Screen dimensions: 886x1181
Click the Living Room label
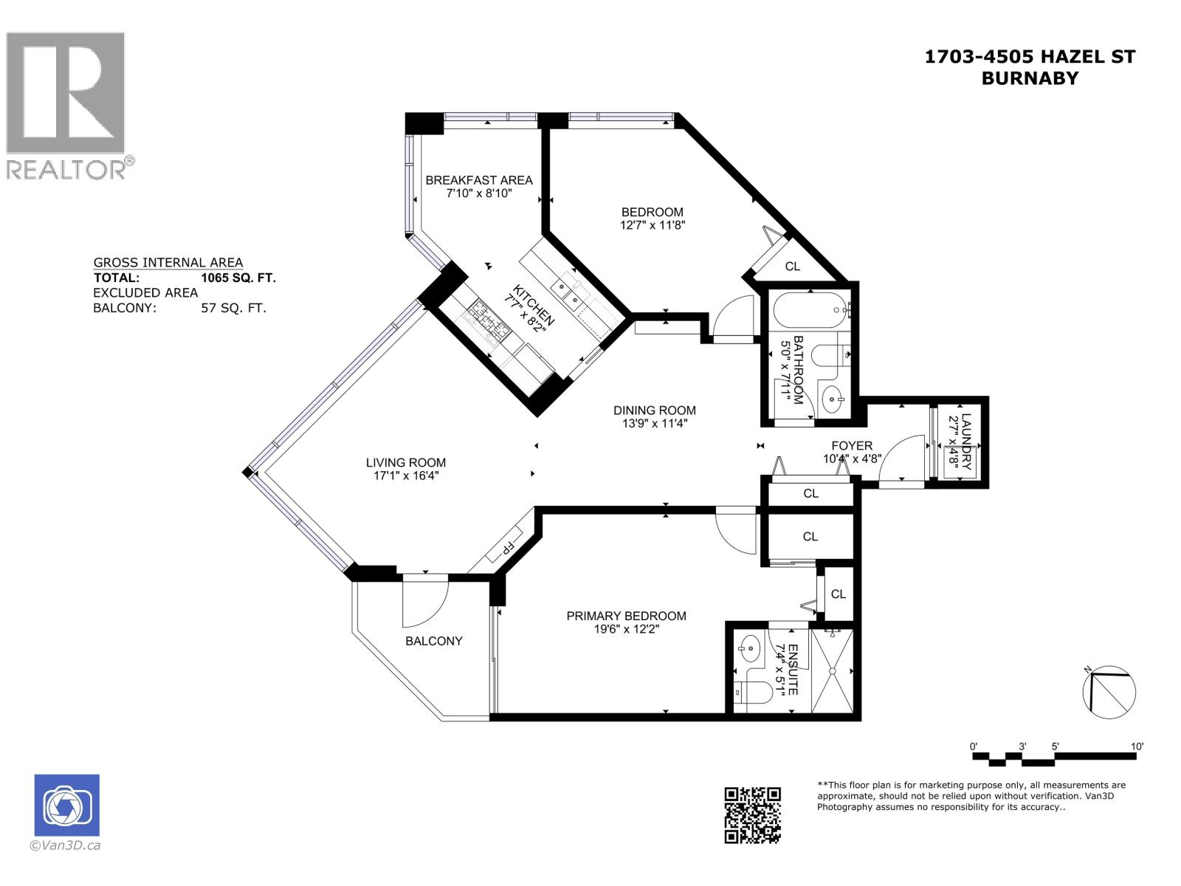tap(406, 463)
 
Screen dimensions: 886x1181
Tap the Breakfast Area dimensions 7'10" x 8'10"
tap(479, 193)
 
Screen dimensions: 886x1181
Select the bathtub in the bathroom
tap(810, 310)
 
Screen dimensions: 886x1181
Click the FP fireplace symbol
tap(507, 549)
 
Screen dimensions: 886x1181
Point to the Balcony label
tap(434, 641)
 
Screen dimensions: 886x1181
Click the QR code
tap(752, 815)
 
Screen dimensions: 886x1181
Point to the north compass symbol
tap(1109, 692)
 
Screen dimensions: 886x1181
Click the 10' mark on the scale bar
tap(1137, 746)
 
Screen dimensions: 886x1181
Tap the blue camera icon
tap(67, 805)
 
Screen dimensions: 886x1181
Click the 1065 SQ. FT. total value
tap(238, 278)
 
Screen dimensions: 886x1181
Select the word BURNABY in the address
tap(1030, 78)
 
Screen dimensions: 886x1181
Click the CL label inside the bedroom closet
tap(793, 267)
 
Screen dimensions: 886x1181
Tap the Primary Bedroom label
tap(626, 616)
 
